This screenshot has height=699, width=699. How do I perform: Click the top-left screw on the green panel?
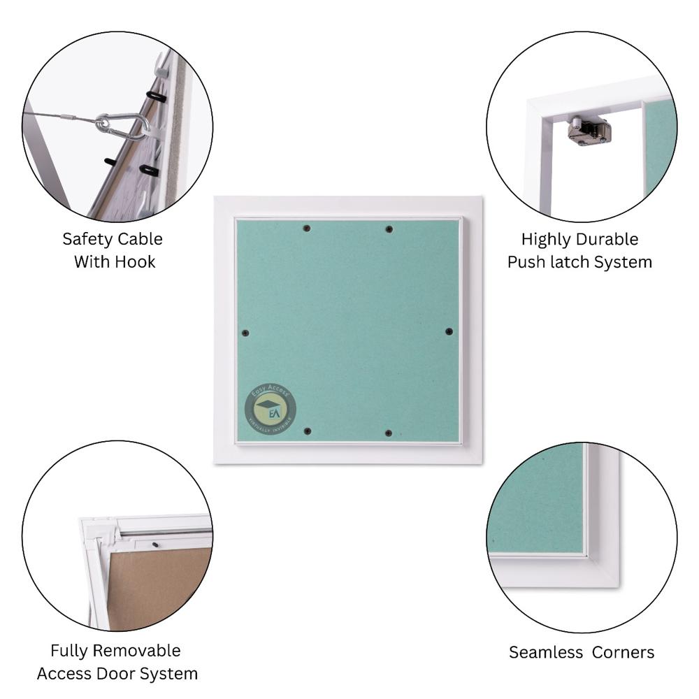click(x=306, y=229)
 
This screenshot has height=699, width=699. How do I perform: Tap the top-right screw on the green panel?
click(x=389, y=229)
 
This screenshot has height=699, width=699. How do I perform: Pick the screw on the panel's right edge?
click(x=449, y=331)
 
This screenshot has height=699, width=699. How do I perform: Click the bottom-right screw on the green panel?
click(x=389, y=433)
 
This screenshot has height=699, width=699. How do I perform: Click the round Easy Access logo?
click(x=270, y=409)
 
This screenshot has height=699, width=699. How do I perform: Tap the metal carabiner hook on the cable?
click(x=122, y=126)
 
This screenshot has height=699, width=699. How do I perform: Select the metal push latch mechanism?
click(x=589, y=130)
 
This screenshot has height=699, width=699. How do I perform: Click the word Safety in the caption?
click(x=87, y=239)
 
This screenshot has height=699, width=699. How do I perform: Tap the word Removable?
click(x=137, y=651)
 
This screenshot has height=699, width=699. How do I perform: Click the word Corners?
click(x=623, y=652)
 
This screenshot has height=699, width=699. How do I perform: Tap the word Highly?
click(x=547, y=239)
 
